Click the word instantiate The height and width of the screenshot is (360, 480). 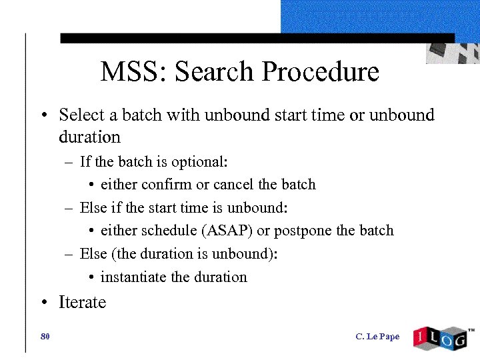pos(133,277)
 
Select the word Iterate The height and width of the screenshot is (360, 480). pos(83,303)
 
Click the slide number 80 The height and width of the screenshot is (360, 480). pos(45,337)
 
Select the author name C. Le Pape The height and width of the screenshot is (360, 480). pos(377,337)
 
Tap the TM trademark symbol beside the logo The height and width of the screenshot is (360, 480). pos(471,330)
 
